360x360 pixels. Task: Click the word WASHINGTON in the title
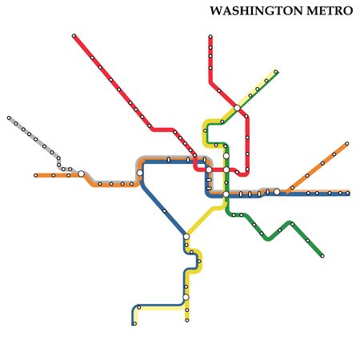254,12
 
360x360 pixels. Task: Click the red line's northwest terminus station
74,37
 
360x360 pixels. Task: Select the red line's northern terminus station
210,37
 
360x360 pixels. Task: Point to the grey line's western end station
10,118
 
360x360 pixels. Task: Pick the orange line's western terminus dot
36,174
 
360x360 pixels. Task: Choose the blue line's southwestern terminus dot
134,323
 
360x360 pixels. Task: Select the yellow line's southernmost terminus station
187,318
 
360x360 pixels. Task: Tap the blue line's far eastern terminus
348,193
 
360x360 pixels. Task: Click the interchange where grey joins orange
81,174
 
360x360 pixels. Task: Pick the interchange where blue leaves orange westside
140,173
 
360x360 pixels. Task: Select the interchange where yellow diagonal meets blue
186,236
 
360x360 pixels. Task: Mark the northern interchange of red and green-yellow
238,108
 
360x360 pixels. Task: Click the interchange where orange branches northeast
278,191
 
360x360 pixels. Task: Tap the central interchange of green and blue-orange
226,194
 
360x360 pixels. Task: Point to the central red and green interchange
226,170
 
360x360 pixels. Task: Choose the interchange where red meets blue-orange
209,170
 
